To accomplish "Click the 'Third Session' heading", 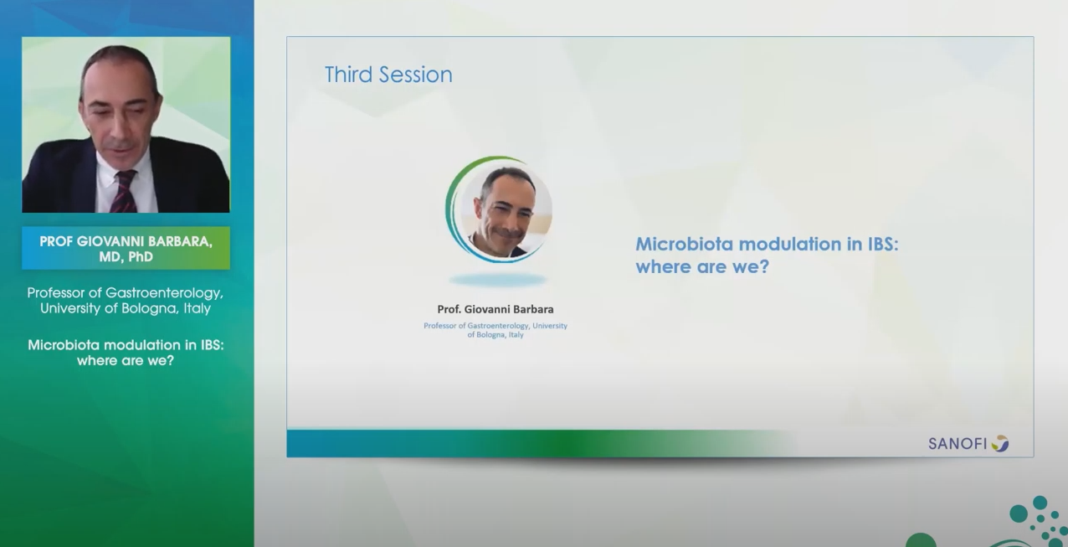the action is click(x=388, y=75).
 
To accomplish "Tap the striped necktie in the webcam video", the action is click(x=125, y=192).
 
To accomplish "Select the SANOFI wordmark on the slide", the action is click(x=958, y=444).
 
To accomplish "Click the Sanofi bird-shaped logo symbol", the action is click(x=1000, y=443).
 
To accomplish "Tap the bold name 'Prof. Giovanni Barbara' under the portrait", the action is click(x=495, y=309).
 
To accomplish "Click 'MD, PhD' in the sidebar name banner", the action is click(x=126, y=257).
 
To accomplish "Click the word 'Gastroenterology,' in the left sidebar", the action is click(x=164, y=292).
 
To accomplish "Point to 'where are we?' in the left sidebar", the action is click(x=126, y=360).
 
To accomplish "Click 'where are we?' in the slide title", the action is click(x=702, y=267).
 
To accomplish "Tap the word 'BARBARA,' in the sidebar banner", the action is click(x=181, y=241).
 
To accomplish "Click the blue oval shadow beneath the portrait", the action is click(x=498, y=280).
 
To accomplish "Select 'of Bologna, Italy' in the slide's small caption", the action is click(x=495, y=335).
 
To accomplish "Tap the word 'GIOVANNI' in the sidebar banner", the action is click(x=110, y=241).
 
